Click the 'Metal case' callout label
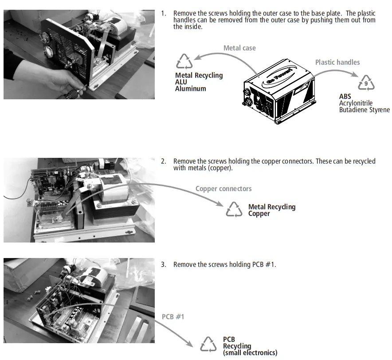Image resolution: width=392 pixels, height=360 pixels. click(x=239, y=48)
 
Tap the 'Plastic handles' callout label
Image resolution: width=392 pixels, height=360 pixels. click(x=337, y=62)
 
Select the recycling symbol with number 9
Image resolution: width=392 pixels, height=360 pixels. click(x=366, y=83)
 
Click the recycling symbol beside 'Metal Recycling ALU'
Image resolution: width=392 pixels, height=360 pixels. click(x=184, y=62)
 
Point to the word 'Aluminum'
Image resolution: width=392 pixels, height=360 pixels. click(x=191, y=89)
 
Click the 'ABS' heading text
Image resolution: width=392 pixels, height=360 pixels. click(x=345, y=97)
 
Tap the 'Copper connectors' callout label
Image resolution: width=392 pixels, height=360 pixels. click(x=223, y=189)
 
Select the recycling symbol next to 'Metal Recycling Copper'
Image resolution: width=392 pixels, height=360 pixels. click(x=234, y=209)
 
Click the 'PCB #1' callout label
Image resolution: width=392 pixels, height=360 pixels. click(x=173, y=317)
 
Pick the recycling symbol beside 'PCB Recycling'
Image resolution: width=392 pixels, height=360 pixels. click(x=208, y=344)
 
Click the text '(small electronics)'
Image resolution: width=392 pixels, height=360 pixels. click(x=250, y=353)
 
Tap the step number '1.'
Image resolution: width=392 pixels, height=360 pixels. click(x=164, y=14)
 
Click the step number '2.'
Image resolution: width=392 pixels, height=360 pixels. click(x=164, y=161)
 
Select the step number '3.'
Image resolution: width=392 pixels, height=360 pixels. click(x=164, y=265)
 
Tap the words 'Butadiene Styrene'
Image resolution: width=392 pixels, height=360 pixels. click(x=364, y=110)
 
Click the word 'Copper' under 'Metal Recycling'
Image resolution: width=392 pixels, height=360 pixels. click(x=259, y=214)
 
